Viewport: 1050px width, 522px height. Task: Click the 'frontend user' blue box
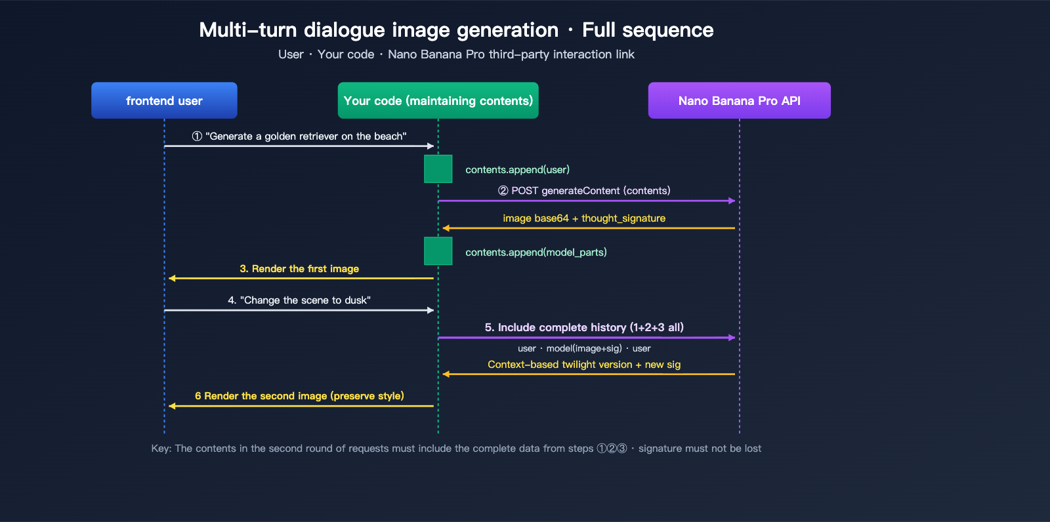(x=164, y=100)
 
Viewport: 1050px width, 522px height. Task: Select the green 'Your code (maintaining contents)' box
(x=438, y=100)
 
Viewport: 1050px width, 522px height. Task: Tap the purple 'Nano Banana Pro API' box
(x=739, y=100)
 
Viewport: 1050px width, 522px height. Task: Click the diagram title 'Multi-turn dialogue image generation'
(x=379, y=30)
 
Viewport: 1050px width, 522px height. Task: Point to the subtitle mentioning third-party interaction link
(x=456, y=54)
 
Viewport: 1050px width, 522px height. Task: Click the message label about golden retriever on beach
(x=299, y=136)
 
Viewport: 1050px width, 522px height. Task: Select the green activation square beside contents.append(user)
(x=438, y=169)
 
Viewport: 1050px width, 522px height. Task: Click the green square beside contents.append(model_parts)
(x=438, y=251)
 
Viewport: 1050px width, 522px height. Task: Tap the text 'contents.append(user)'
(x=517, y=170)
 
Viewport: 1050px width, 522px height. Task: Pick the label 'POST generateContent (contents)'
(x=584, y=191)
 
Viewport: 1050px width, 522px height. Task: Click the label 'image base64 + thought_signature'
(x=584, y=218)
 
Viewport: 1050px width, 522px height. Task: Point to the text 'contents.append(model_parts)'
(x=535, y=252)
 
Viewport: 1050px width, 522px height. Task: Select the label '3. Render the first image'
(x=299, y=269)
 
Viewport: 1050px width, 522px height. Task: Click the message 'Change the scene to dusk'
(x=299, y=300)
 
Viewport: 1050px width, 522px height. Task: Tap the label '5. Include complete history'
(x=584, y=327)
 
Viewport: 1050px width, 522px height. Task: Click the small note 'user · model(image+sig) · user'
(x=584, y=348)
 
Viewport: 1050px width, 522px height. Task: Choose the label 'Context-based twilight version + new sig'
(x=584, y=365)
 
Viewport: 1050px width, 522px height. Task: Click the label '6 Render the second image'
(x=299, y=396)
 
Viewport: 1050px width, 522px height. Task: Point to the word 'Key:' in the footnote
(x=161, y=449)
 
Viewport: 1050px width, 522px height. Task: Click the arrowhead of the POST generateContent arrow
(x=732, y=201)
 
